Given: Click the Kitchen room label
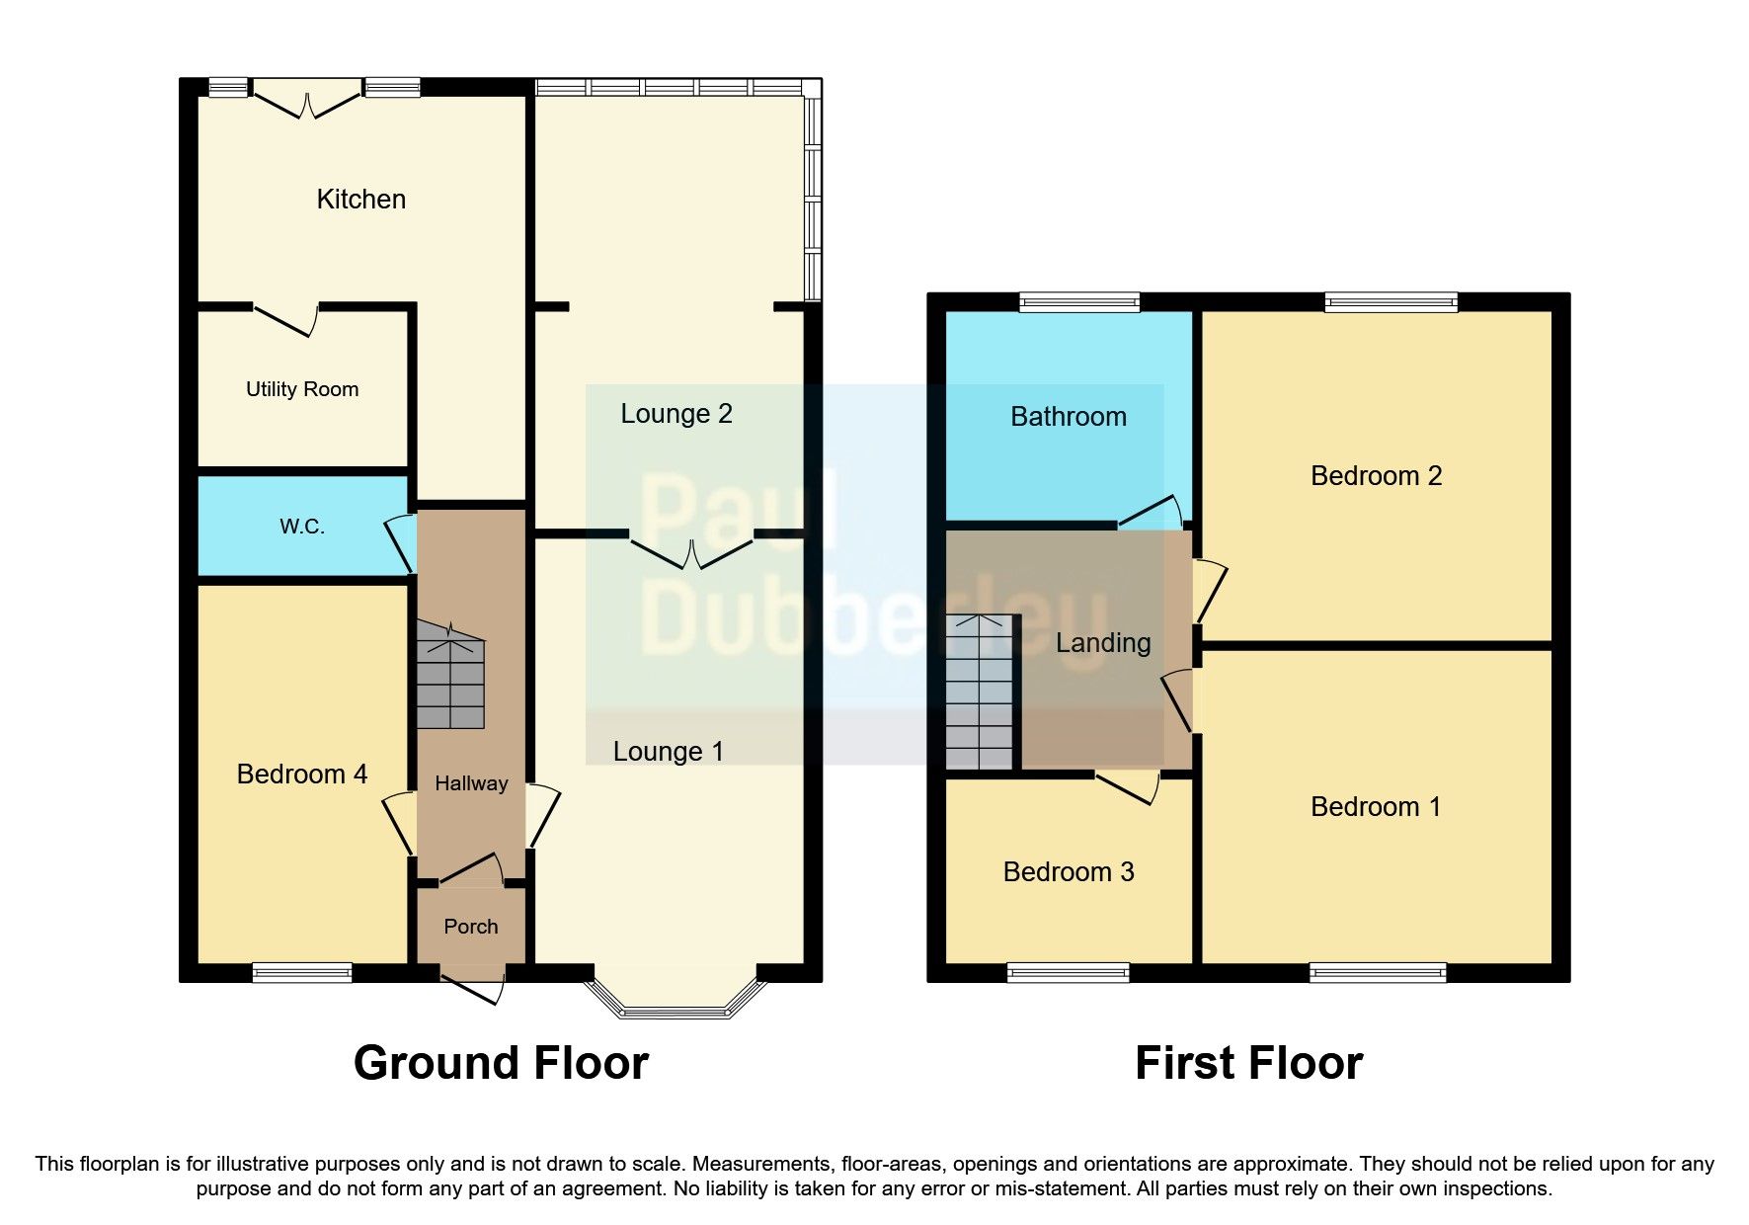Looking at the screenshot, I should pos(360,200).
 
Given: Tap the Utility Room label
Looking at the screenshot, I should pos(302,389).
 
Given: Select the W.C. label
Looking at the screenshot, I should pos(302,527).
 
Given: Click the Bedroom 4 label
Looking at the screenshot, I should pos(302,774).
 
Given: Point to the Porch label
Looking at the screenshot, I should pos(471,927).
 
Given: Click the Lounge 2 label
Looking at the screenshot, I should pos(676,414).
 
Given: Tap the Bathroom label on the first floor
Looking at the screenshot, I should pos(1069,417).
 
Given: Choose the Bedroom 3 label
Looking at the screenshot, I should pos(1069,871).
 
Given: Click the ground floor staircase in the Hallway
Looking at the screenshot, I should pos(450,677).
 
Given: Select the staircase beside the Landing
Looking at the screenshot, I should pos(980,692).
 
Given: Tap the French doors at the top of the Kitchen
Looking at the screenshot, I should pos(306,103).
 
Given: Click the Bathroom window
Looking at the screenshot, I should pos(1079,302).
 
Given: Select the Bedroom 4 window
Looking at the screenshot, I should pos(302,973).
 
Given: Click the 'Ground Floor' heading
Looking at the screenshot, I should pos(501,1063).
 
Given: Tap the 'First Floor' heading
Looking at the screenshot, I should pos(1248,1063).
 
